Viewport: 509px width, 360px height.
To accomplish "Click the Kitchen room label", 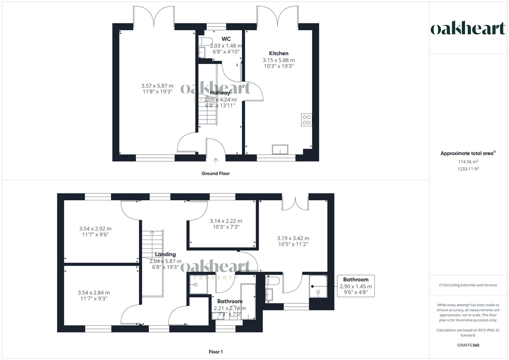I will coord(279,53).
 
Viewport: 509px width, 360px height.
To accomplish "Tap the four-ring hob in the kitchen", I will coord(306,120).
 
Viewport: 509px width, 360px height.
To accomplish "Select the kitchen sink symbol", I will coord(280,150).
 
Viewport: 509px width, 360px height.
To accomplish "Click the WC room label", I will coord(226,39).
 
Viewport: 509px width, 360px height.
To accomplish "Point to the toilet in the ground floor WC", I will coord(205,41).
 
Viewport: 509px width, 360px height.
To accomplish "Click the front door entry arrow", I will coord(216,160).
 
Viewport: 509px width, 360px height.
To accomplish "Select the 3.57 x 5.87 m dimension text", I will coord(157,86).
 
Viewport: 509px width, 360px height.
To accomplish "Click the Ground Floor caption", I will coord(215,173).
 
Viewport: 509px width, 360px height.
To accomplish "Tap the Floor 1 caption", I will coord(215,352).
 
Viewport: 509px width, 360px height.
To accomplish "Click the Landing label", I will coord(165,254).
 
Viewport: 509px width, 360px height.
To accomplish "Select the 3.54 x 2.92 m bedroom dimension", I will coord(95,229).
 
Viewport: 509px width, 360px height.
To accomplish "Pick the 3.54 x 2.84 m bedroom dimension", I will coord(94,293).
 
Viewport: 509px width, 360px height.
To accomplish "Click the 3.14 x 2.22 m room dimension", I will coord(226,221).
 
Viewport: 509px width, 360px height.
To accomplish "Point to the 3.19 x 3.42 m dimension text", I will coord(293,238).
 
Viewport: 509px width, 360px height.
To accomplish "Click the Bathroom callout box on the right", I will coord(356,286).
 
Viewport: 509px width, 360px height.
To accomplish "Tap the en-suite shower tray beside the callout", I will coord(318,286).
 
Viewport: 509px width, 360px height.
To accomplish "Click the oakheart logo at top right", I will coord(468,28).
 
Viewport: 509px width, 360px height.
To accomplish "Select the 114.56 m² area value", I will coord(468,162).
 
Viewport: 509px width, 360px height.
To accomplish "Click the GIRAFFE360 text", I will coord(468,345).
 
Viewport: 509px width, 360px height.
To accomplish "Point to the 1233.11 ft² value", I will coord(468,169).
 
